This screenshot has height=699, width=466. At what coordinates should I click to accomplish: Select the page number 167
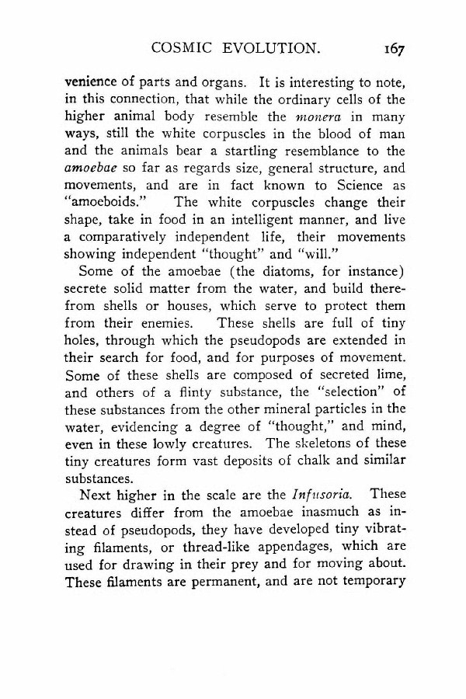395,48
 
